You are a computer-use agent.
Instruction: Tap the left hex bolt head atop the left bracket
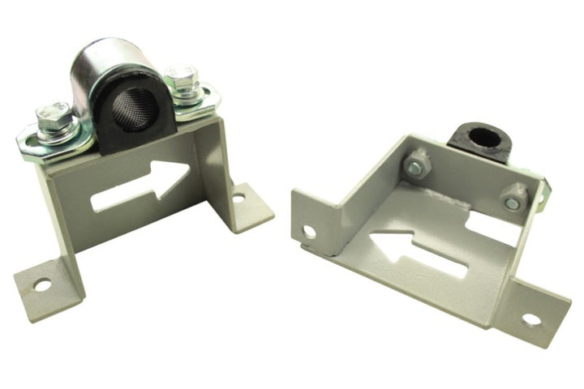[54, 116]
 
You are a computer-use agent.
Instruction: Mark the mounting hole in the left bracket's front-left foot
[41, 284]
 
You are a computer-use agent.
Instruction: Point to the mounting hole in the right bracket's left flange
[309, 231]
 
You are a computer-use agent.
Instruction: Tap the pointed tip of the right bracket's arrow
[372, 241]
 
